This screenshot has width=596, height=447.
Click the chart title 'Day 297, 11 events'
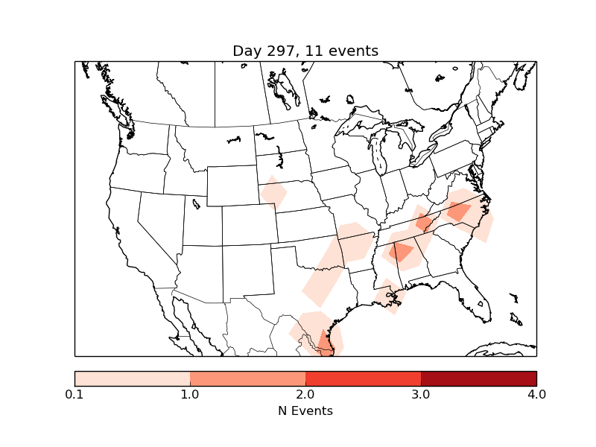tap(305, 51)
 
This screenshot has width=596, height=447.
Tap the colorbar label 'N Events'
tap(305, 410)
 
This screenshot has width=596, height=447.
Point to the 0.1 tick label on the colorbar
tap(74, 394)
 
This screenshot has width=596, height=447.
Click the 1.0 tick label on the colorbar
tap(190, 394)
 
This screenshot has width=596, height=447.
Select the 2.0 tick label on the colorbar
tap(305, 394)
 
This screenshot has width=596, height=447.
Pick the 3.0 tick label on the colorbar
tap(421, 394)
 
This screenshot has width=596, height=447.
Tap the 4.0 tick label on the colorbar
tap(536, 394)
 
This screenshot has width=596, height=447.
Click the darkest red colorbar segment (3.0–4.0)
tap(478, 378)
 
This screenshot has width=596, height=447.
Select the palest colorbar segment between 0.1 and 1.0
tap(133, 378)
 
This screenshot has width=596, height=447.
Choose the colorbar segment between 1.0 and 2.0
tap(247, 378)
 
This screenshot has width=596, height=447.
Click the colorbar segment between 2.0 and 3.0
tap(363, 378)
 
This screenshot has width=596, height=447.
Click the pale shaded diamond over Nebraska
tap(274, 193)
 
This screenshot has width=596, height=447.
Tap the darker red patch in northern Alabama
tap(401, 252)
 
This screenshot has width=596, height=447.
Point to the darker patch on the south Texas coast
tap(325, 342)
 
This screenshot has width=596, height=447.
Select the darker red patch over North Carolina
tap(458, 212)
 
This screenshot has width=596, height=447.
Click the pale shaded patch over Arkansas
tap(355, 242)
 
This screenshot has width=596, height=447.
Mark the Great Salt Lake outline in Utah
tap(196, 203)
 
